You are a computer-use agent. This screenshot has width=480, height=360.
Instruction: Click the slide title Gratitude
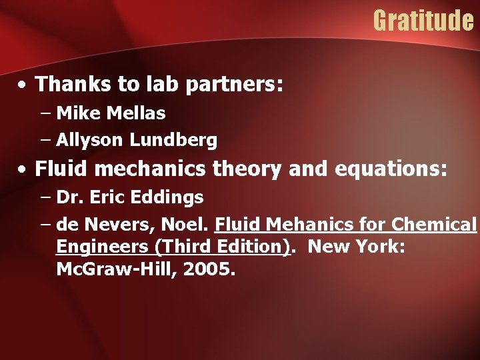(423, 21)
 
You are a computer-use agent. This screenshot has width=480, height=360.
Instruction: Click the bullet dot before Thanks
(23, 85)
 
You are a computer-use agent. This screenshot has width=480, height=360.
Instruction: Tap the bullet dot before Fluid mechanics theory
(23, 171)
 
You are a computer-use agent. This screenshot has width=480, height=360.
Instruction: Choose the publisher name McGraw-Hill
(107, 270)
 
